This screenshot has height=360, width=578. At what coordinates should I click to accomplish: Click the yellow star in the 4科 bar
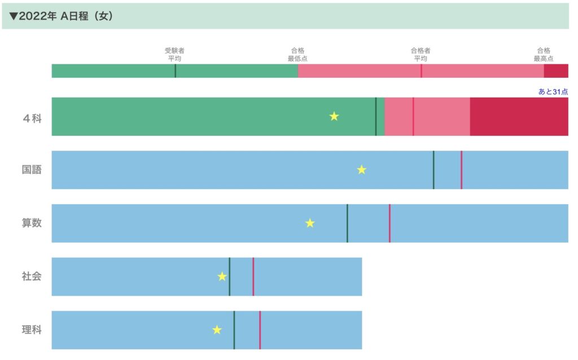click(334, 116)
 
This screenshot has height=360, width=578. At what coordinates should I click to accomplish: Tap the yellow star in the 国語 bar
click(362, 169)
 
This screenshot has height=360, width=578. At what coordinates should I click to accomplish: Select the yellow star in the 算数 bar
click(310, 223)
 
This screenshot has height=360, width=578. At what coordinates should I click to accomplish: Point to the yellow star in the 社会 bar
click(222, 276)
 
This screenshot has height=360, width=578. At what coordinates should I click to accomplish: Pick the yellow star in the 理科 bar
click(217, 330)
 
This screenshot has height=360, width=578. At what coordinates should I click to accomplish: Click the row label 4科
click(32, 117)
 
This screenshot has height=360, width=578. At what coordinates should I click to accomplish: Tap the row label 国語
click(32, 170)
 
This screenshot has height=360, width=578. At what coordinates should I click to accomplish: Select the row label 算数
click(32, 223)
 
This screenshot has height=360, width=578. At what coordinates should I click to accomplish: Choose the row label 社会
click(32, 276)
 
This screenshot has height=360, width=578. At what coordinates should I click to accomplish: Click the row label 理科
click(32, 330)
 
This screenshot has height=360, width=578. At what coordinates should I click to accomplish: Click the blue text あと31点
click(553, 91)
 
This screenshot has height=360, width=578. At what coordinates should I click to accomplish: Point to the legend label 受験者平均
click(174, 54)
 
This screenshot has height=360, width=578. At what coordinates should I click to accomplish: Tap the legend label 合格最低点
click(297, 54)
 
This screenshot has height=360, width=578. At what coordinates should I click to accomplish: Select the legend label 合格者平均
click(421, 54)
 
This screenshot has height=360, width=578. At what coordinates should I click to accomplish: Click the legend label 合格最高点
click(544, 54)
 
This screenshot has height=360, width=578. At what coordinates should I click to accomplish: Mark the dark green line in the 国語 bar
click(433, 170)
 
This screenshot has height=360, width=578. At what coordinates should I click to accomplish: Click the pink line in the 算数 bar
click(389, 223)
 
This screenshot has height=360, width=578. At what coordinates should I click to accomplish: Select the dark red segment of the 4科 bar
click(519, 117)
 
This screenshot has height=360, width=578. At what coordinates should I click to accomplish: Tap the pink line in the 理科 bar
click(260, 330)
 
